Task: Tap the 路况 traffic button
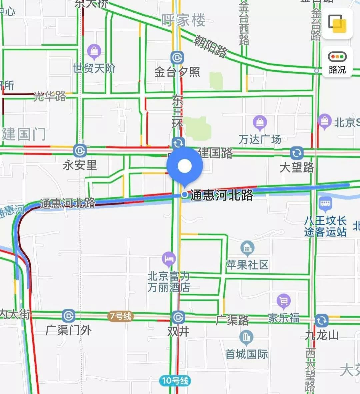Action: pyautogui.click(x=337, y=62)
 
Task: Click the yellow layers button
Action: pyautogui.click(x=337, y=23)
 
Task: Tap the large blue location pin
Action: pyautogui.click(x=185, y=166)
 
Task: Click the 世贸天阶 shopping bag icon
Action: pyautogui.click(x=94, y=51)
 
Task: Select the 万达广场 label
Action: pyautogui.click(x=260, y=139)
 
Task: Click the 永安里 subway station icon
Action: pyautogui.click(x=80, y=151)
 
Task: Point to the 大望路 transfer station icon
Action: pyautogui.click(x=296, y=153)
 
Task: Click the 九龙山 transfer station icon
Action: pyautogui.click(x=321, y=320)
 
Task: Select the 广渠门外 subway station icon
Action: pyautogui.click(x=68, y=316)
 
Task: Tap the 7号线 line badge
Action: pyautogui.click(x=120, y=316)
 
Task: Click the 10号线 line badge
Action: pyautogui.click(x=175, y=380)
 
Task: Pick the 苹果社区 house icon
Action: pyautogui.click(x=247, y=248)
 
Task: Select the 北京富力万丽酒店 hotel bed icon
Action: pyautogui.click(x=169, y=258)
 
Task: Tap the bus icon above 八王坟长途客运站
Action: pyautogui.click(x=325, y=203)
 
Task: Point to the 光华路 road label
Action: pyautogui.click(x=50, y=96)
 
